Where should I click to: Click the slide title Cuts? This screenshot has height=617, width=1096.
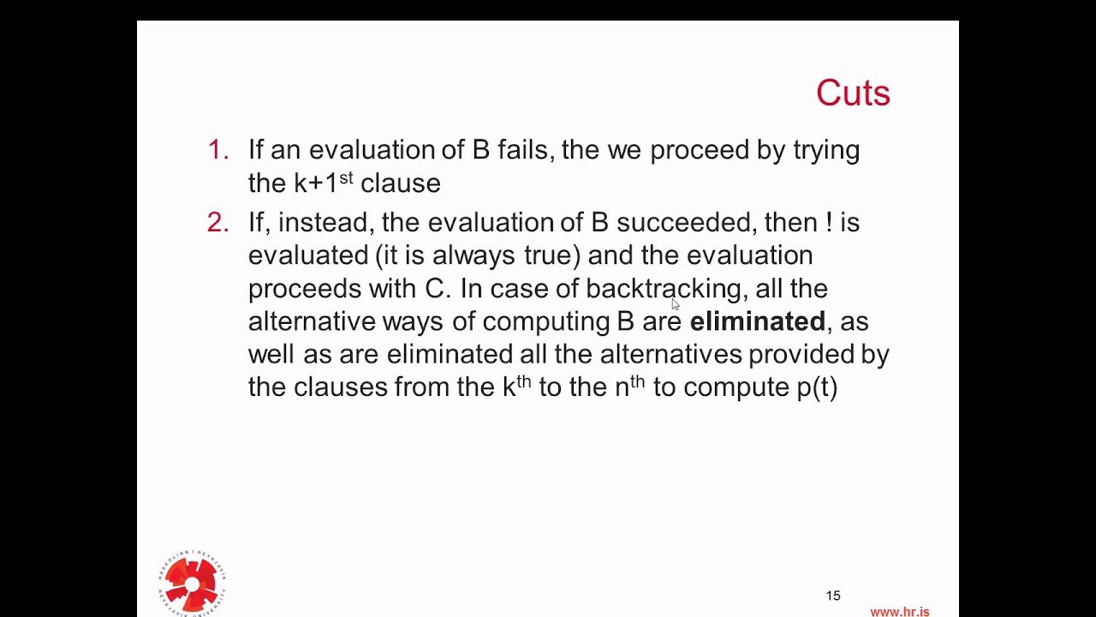(853, 93)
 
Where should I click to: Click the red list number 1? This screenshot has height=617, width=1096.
(217, 150)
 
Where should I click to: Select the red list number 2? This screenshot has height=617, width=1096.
(217, 223)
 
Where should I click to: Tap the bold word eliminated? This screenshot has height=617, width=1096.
(757, 321)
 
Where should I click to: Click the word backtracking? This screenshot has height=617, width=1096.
(663, 289)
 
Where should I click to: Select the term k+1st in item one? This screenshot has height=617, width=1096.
(323, 183)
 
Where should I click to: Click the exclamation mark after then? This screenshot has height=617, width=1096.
(829, 223)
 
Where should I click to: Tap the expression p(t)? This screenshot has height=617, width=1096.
(817, 387)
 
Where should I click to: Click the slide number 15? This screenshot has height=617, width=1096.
(833, 596)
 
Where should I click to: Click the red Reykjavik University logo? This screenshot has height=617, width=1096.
(192, 584)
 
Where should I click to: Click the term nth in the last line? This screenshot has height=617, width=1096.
(629, 386)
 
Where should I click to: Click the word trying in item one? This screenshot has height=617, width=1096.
(825, 151)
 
